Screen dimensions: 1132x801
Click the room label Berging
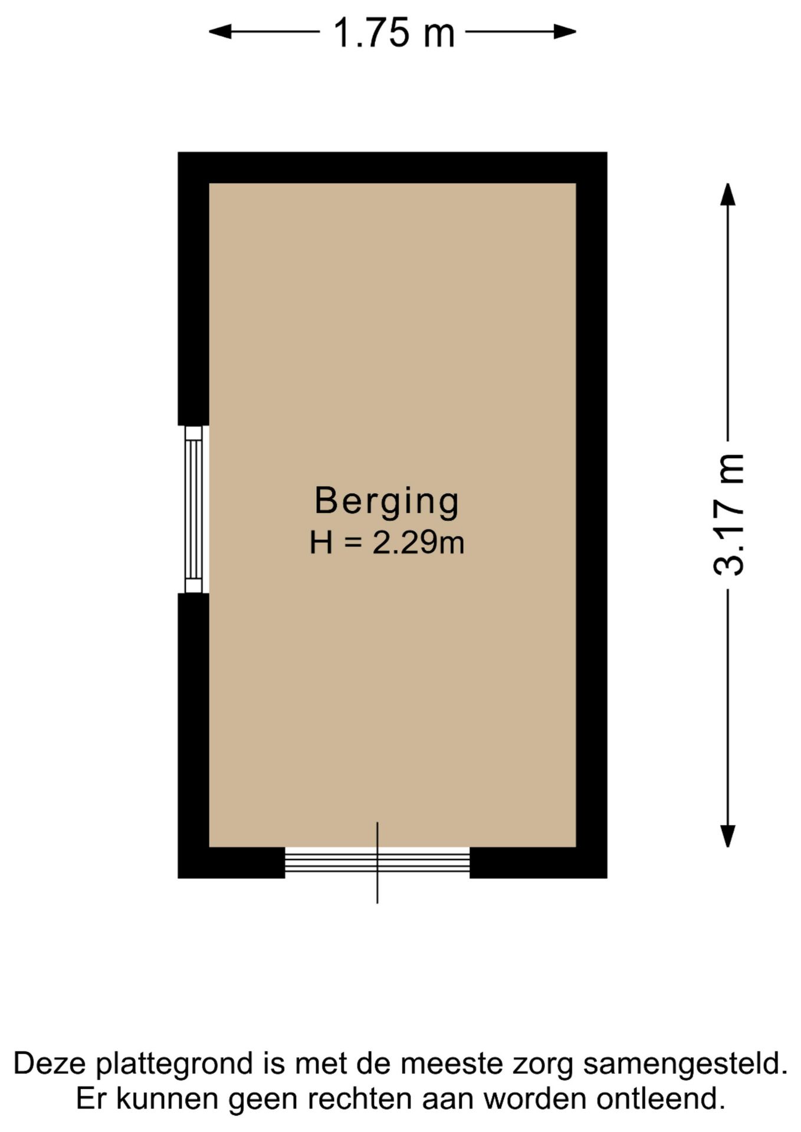[386, 502]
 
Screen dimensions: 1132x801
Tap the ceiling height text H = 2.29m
[387, 542]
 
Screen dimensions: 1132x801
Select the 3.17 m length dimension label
[728, 514]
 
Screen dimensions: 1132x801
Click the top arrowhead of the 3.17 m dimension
[728, 194]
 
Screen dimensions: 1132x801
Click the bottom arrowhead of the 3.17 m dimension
[728, 836]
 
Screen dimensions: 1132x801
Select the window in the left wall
[193, 509]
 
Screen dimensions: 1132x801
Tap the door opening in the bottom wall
[377, 862]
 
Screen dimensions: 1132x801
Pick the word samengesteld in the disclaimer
[685, 1064]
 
